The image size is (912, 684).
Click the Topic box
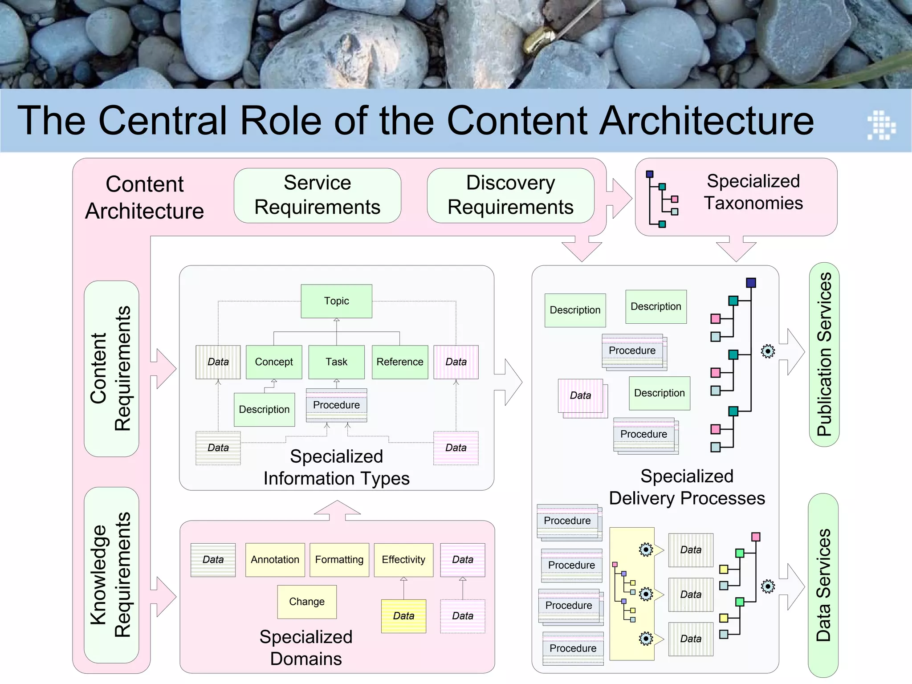click(x=336, y=301)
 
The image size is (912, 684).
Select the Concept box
click(x=274, y=362)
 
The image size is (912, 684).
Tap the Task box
click(x=336, y=362)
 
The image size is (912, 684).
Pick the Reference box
click(x=400, y=362)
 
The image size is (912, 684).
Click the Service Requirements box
click(x=317, y=195)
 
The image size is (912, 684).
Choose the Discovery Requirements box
click(x=510, y=195)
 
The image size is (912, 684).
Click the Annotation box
click(x=275, y=560)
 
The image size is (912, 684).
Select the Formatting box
click(x=339, y=560)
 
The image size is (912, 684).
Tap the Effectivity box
click(x=403, y=560)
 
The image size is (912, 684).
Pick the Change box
click(x=307, y=602)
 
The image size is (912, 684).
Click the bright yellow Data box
click(x=403, y=616)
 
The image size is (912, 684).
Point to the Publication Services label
click(x=824, y=354)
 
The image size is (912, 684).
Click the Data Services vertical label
click(x=823, y=585)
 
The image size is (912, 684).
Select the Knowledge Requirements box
click(x=111, y=575)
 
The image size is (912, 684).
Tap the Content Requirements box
click(x=111, y=368)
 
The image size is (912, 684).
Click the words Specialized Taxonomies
click(x=753, y=192)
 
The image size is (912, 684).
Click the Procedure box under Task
click(x=336, y=405)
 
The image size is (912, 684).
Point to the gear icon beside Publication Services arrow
click(x=768, y=351)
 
